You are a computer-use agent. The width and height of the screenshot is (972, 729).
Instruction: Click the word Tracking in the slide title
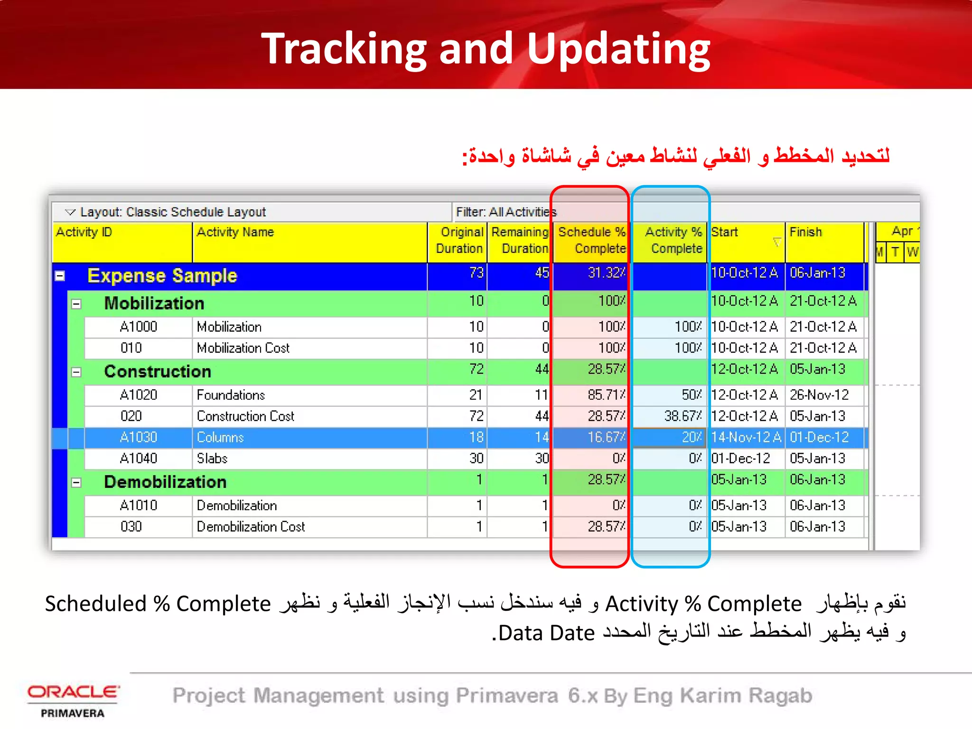345,49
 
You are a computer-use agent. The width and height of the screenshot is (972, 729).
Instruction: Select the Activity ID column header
84,232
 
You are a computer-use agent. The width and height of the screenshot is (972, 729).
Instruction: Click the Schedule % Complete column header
591,240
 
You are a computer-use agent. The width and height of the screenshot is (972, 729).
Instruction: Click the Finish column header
805,232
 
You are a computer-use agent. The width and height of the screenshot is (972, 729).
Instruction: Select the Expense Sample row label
162,276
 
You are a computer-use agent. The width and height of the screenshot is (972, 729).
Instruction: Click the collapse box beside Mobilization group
76,304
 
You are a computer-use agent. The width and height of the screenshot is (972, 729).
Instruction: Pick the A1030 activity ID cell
138,438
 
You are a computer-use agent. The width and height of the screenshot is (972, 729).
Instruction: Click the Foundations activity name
231,395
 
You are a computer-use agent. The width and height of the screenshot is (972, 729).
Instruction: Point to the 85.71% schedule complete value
606,395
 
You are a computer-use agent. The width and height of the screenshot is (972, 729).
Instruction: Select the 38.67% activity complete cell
682,416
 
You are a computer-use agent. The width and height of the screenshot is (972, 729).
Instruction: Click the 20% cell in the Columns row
692,438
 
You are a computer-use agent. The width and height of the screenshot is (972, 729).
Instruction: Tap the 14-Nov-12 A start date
745,438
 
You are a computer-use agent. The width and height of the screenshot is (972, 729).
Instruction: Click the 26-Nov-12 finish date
819,395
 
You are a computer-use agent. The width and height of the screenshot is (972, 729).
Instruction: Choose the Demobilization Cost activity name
251,527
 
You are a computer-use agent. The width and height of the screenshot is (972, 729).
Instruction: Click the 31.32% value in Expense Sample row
606,273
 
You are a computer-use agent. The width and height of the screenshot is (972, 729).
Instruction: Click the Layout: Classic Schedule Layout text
173,212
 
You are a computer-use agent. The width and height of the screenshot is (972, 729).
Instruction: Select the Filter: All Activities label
506,212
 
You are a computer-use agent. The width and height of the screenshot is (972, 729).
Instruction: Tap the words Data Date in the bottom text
546,634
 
